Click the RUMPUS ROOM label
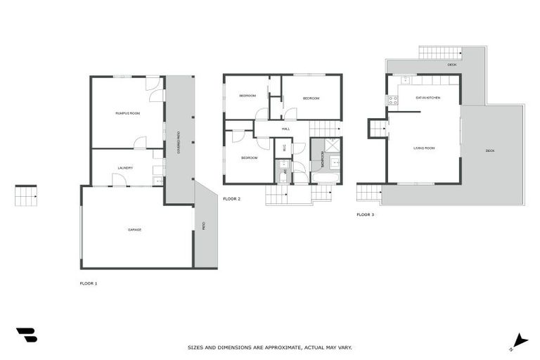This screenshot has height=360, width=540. (x=128, y=112)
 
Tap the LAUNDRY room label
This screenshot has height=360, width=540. (x=126, y=168)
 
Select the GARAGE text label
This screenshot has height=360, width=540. (x=134, y=230)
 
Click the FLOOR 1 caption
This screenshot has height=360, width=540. (x=89, y=283)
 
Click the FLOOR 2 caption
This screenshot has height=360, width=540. (x=231, y=199)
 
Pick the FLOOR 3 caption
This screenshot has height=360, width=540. (x=365, y=214)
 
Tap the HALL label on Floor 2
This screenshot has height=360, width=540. (x=285, y=129)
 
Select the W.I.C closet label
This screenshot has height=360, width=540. (x=285, y=148)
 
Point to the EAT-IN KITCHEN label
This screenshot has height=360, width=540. (x=427, y=98)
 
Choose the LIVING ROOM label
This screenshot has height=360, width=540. (x=424, y=148)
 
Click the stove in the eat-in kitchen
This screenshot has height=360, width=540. (x=392, y=101)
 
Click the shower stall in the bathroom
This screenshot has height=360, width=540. (x=332, y=146)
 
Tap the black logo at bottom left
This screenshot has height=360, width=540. (x=27, y=335)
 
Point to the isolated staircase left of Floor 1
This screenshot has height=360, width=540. (x=25, y=195)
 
